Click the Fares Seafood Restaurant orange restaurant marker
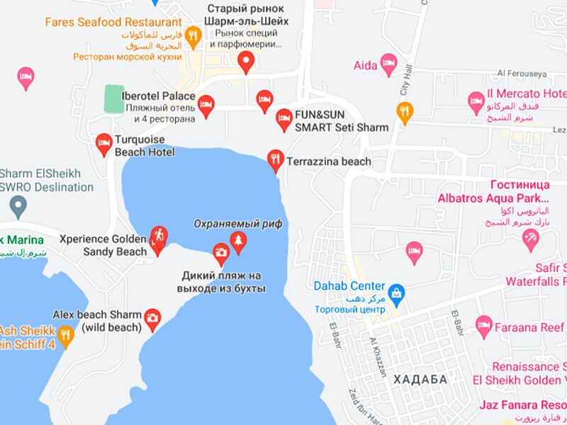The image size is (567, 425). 192,35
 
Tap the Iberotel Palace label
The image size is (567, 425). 158,96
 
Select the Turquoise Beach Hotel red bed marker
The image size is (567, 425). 103,144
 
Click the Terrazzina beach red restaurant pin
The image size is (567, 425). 275,159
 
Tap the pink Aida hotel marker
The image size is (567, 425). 388,64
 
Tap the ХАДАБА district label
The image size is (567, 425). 420,380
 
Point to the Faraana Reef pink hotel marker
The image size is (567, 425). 484,325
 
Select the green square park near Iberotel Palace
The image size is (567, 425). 113,98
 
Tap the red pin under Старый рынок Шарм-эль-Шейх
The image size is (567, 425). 246,62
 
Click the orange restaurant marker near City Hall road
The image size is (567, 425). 404,111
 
